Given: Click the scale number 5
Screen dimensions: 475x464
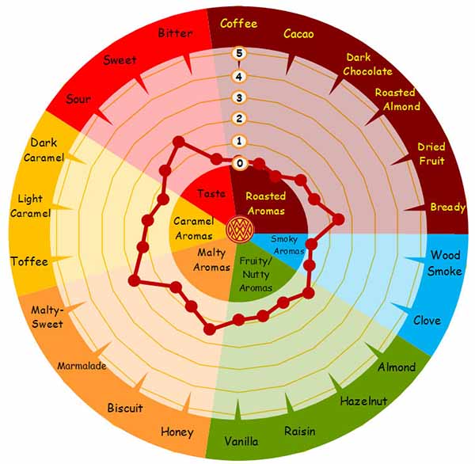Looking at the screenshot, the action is coord(239,53).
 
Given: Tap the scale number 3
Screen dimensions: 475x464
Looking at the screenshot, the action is coord(239,97).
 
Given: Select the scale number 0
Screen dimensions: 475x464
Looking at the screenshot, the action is coord(240,163).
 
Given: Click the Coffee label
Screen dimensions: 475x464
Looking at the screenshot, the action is coord(239,24).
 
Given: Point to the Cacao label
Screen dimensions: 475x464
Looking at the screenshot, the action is coord(298,33).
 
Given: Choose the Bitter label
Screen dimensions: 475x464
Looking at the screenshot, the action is coord(175,33).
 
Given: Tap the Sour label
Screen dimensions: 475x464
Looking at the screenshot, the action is coord(78,99).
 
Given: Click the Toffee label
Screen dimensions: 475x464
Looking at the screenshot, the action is coord(29,261).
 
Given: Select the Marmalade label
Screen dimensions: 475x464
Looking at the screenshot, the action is coord(82,366).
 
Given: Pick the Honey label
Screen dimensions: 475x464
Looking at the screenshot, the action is coord(177,432).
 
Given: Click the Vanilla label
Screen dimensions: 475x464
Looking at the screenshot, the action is coord(241,441).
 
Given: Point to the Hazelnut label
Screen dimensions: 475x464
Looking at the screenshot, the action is coord(363,401).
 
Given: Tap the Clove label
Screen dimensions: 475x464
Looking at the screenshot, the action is coord(427,321).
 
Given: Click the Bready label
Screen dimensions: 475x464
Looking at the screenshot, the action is coord(448,207).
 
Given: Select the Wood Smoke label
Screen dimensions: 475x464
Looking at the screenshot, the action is coord(445,263).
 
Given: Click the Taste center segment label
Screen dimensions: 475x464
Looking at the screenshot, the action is coord(211,193).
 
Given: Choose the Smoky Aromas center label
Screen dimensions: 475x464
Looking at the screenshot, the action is coord(287,245).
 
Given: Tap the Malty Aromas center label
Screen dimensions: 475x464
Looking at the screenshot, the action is coord(211,260).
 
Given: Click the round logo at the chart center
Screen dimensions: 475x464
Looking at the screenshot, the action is coord(240,229).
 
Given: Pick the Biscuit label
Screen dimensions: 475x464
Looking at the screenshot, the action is coord(125,408).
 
